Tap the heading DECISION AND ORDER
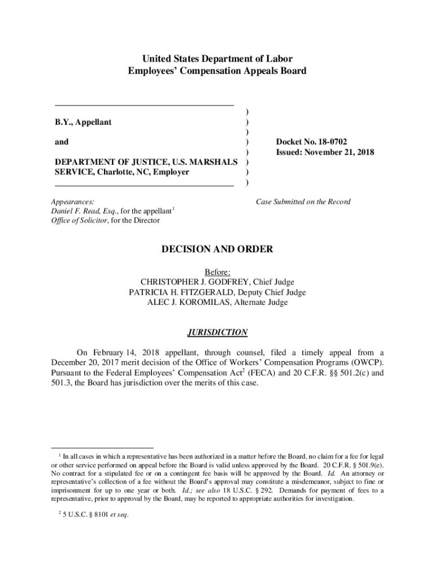[x=217, y=249]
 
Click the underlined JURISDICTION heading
[x=217, y=332]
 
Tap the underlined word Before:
[x=217, y=272]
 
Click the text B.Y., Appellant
[x=83, y=122]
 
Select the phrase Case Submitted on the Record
[x=303, y=202]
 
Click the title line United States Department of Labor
[x=217, y=59]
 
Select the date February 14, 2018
[x=123, y=353]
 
